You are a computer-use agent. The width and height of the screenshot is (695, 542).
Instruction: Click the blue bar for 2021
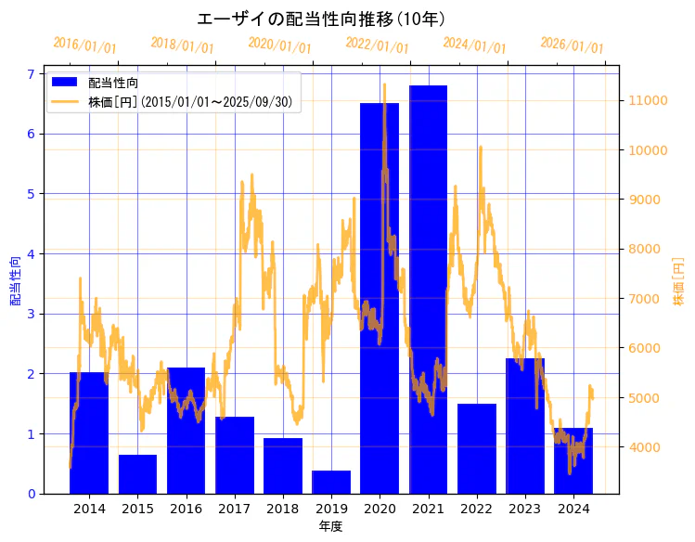pos(428,288)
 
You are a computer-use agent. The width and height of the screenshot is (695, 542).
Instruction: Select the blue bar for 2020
pos(380,297)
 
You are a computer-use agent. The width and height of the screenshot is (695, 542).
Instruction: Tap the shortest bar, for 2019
pos(331,483)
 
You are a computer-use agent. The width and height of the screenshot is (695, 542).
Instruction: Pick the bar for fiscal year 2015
pos(137,474)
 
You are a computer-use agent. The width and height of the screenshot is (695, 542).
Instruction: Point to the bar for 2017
pos(234,455)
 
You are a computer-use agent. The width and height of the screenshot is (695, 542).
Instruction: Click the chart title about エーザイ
pos(321,19)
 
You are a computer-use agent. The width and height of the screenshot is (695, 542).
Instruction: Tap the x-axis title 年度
pos(330,526)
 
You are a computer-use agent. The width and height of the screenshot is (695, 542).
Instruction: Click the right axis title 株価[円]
pos(678,283)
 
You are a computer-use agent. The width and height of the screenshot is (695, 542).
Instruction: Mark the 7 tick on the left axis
pos(30,74)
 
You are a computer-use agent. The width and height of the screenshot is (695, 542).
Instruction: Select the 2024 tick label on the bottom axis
pos(573,509)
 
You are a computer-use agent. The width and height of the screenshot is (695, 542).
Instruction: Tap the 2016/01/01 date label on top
pos(84,45)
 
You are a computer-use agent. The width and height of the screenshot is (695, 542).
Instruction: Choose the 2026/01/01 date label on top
pos(572,45)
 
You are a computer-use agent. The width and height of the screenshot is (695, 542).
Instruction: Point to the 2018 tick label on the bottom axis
pos(282,509)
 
